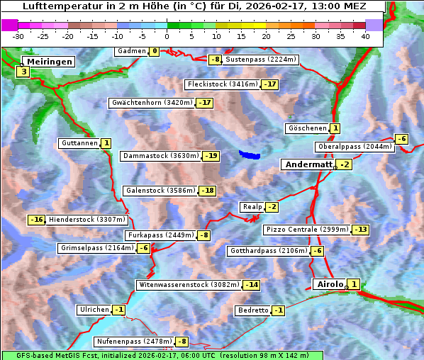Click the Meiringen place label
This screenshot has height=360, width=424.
(50, 62)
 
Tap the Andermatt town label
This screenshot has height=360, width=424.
(308, 164)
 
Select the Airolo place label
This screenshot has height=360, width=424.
(330, 284)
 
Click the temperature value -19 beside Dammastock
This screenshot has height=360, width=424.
(211, 156)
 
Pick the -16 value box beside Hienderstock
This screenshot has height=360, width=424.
(36, 220)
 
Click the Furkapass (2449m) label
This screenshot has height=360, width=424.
(160, 235)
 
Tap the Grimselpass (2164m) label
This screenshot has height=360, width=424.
(96, 248)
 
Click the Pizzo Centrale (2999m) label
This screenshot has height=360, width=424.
(307, 230)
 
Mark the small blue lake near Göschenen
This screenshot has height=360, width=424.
(250, 154)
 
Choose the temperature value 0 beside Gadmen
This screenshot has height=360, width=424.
(154, 51)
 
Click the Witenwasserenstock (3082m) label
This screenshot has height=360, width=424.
(189, 285)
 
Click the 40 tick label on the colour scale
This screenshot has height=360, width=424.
(365, 36)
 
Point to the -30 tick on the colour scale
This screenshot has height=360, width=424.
(18, 36)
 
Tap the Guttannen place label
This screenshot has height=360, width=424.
(79, 143)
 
